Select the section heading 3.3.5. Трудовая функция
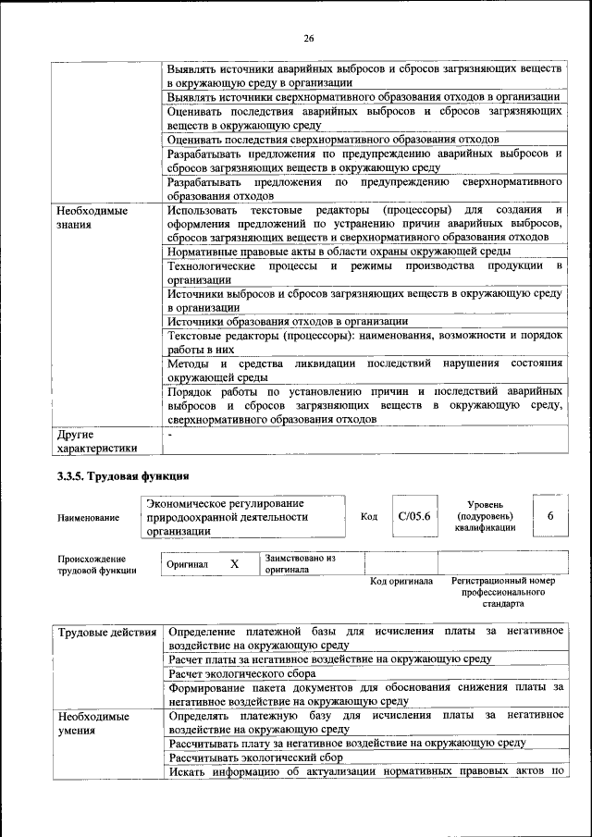tap(123, 476)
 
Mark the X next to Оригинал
tap(234, 563)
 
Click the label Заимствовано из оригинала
tap(300, 564)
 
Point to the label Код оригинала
tap(401, 582)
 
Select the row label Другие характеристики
tap(97, 440)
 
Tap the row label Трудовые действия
tap(106, 632)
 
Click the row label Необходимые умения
tap(92, 723)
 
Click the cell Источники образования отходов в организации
tap(288, 321)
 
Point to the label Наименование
tap(88, 518)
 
